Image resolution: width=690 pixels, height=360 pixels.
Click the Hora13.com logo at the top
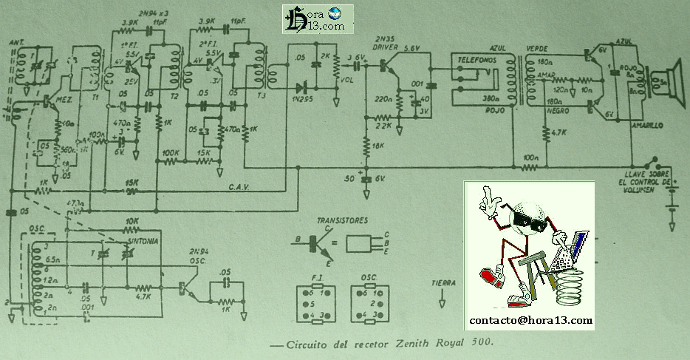pos(317,18)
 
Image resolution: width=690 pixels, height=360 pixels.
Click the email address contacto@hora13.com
pos(531,321)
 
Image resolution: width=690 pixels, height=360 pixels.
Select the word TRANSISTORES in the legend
pos(342,221)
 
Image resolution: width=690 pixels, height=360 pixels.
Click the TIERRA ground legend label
pos(444,282)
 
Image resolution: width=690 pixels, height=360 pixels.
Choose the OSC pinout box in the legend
pos(369,303)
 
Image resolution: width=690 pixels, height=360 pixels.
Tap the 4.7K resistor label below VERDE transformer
pos(557,134)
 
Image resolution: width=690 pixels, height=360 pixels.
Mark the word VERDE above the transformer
pos(536,47)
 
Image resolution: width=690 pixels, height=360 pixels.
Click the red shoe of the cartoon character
pos(491,279)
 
